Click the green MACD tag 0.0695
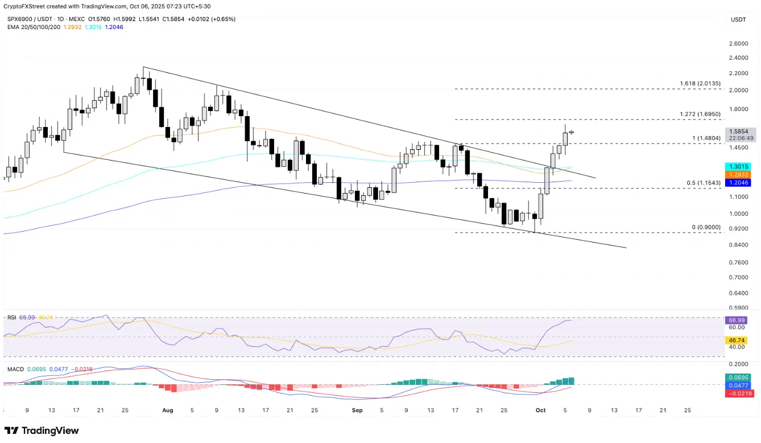tap(739, 378)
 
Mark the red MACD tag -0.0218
tap(739, 393)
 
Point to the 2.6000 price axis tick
tap(738, 44)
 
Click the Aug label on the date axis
tap(167, 410)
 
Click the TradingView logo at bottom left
tap(42, 431)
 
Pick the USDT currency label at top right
tap(738, 19)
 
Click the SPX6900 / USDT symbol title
tap(29, 19)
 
